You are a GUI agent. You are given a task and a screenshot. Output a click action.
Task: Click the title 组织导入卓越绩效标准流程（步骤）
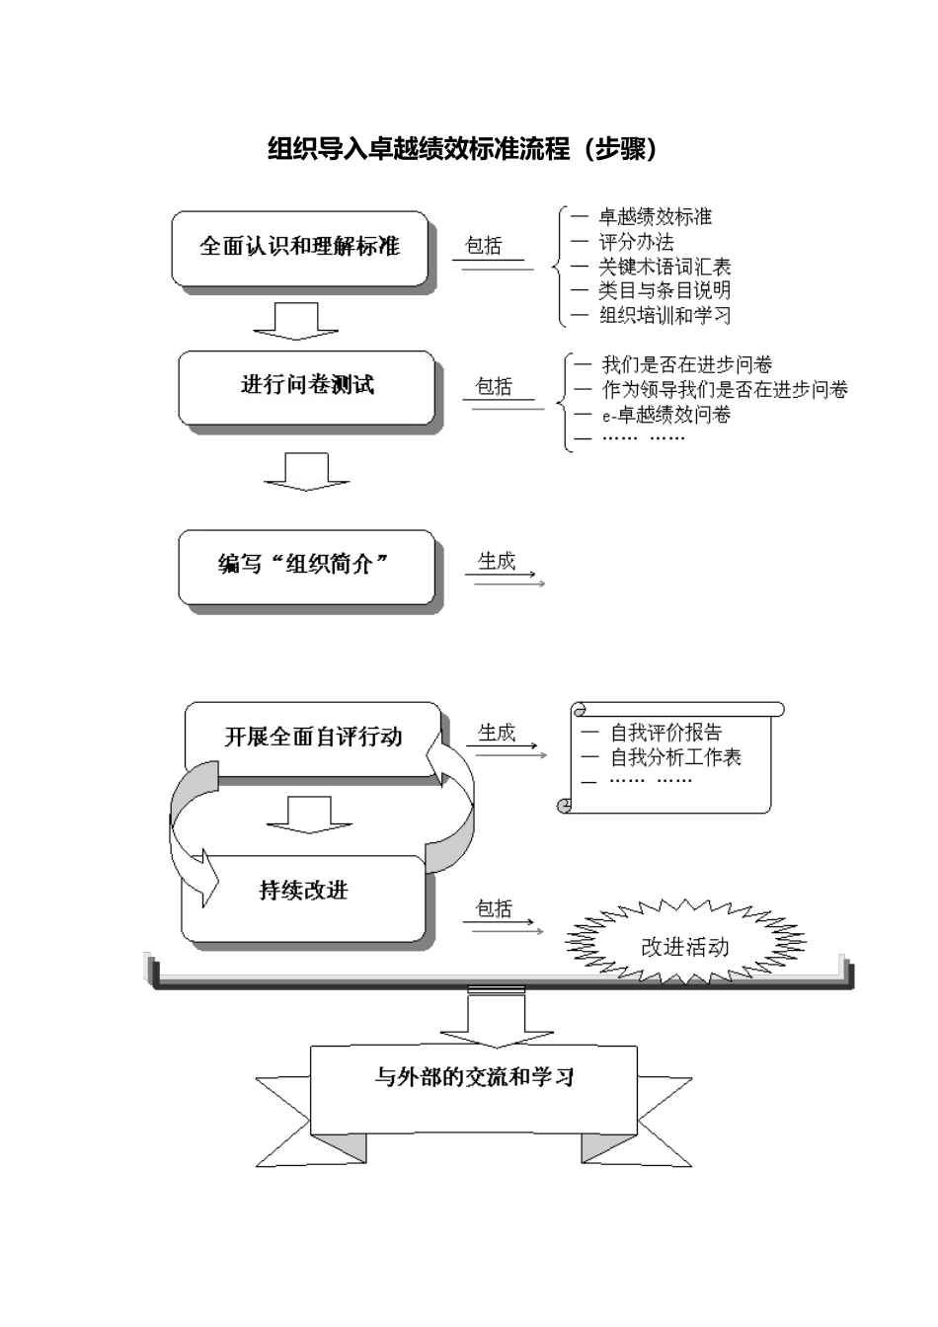pyautogui.click(x=463, y=149)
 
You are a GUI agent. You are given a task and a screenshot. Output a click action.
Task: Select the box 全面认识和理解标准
pyautogui.click(x=300, y=247)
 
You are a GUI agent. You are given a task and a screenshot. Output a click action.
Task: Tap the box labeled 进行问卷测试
pyautogui.click(x=307, y=386)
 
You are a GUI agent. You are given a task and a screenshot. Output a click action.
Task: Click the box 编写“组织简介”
pyautogui.click(x=306, y=566)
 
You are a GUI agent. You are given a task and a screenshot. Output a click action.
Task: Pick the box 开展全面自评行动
pyautogui.click(x=313, y=737)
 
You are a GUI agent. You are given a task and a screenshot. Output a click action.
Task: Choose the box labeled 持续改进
pyautogui.click(x=304, y=892)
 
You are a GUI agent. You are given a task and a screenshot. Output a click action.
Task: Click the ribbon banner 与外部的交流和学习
pyautogui.click(x=474, y=1077)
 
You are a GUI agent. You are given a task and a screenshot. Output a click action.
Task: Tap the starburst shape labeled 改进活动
pyautogui.click(x=685, y=947)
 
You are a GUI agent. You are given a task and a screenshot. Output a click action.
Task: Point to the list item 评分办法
pyautogui.click(x=637, y=242)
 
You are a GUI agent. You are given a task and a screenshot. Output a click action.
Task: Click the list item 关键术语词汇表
pyautogui.click(x=664, y=267)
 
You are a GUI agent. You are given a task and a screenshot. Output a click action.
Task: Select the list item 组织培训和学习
pyautogui.click(x=664, y=316)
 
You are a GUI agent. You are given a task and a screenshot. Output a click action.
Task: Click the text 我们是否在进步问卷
pyautogui.click(x=687, y=365)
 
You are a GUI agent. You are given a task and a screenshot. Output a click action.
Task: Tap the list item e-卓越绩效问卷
pyautogui.click(x=666, y=415)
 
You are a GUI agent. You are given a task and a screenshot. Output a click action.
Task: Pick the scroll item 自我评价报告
pyautogui.click(x=665, y=733)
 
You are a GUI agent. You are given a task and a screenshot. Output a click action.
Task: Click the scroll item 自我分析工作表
pyautogui.click(x=675, y=757)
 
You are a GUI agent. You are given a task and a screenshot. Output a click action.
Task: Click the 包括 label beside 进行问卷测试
pyautogui.click(x=494, y=387)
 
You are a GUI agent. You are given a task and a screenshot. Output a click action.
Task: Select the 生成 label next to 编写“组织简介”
pyautogui.click(x=497, y=562)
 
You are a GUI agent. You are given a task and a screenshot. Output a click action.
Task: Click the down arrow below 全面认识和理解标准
pyautogui.click(x=295, y=321)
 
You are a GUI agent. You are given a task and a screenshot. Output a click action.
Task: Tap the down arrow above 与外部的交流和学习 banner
pyautogui.click(x=483, y=1021)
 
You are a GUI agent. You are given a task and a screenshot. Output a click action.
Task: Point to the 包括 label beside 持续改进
pyautogui.click(x=494, y=908)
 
